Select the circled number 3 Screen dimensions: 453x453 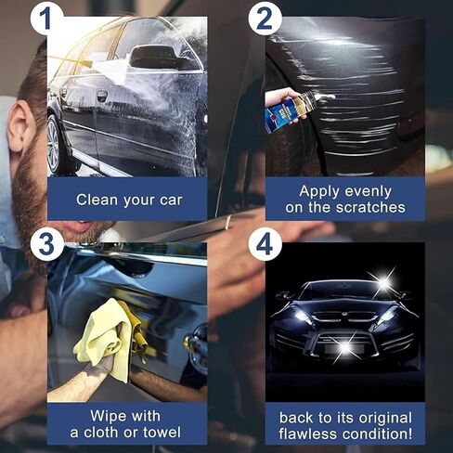(47, 243)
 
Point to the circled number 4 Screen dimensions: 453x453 (265, 245)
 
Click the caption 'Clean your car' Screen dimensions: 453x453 (129, 199)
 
